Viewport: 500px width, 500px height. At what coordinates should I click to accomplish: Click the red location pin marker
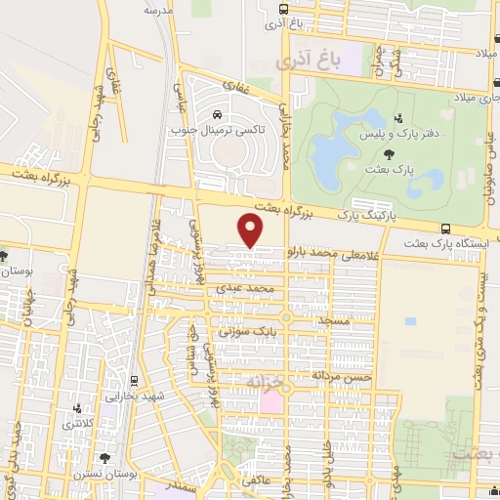(x=252, y=230)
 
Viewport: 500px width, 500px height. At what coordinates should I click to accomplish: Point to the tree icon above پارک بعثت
(x=390, y=153)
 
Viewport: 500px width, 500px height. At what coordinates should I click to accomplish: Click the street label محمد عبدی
(x=261, y=289)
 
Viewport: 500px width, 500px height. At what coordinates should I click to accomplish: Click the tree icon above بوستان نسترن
(x=105, y=457)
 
